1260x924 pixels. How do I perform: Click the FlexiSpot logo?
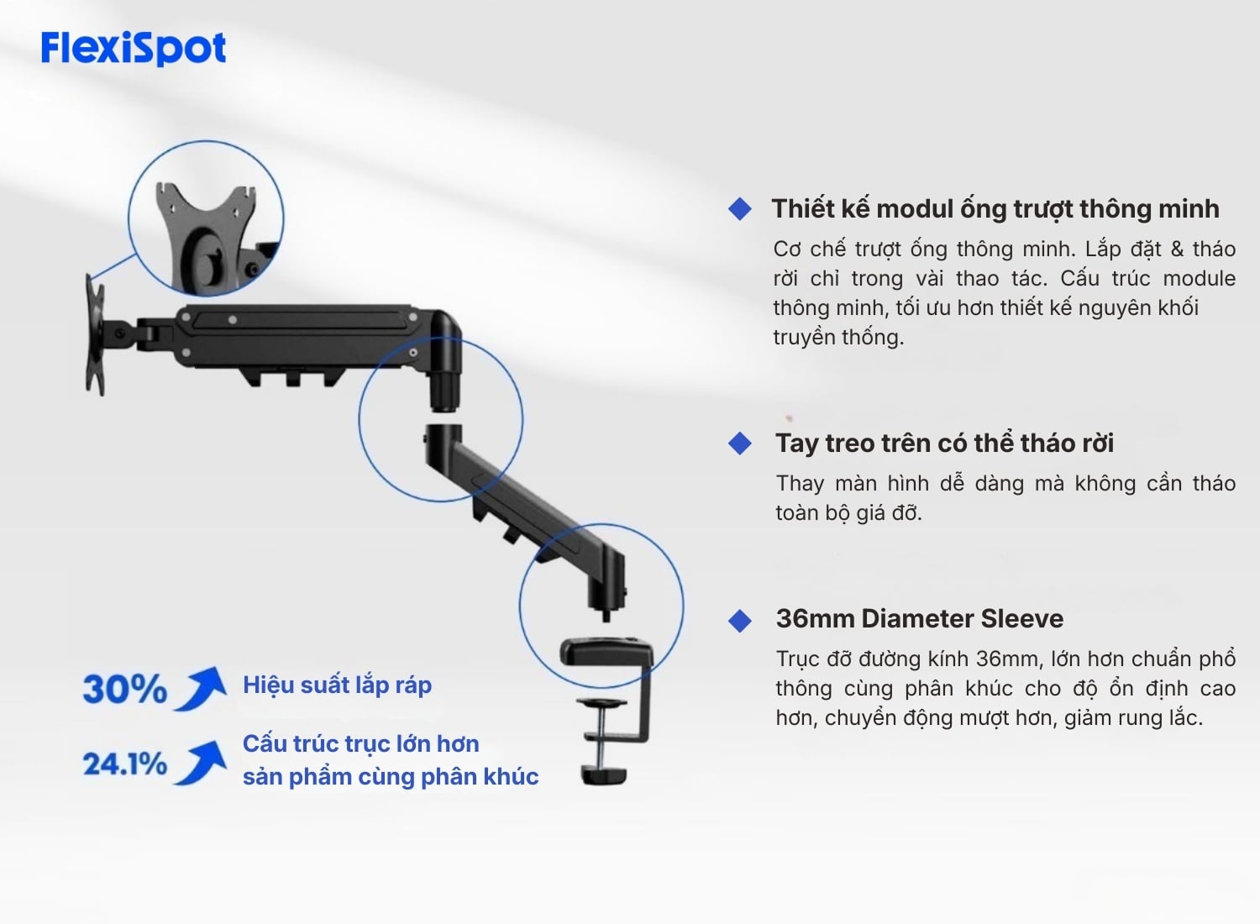[x=134, y=49]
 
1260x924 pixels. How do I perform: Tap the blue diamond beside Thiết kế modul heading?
[x=740, y=208]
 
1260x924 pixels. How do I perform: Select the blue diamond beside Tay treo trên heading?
[x=740, y=444]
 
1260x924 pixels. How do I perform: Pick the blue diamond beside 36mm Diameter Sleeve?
[x=740, y=621]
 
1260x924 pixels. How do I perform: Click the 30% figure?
[x=125, y=689]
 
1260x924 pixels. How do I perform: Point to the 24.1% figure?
[x=125, y=764]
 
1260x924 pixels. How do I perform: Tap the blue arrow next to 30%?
[x=201, y=688]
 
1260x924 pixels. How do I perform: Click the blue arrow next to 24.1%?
[x=201, y=763]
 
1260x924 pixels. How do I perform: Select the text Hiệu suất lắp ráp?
[x=337, y=685]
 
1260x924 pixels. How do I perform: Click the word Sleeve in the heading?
[x=1022, y=618]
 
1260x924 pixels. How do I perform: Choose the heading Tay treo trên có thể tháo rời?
[x=944, y=444]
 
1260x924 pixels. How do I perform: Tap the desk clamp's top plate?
[x=607, y=651]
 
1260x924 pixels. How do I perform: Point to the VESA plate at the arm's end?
[x=95, y=335]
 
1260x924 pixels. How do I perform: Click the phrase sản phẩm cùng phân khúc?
[x=391, y=777]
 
